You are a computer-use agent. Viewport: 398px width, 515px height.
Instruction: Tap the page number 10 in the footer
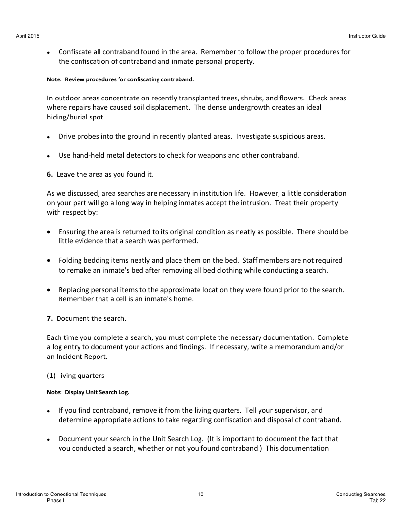click(201, 495)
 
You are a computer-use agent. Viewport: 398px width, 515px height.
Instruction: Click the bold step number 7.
click(49, 318)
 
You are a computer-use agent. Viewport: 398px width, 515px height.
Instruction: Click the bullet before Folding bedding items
click(49, 261)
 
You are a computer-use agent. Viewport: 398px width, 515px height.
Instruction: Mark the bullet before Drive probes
click(49, 137)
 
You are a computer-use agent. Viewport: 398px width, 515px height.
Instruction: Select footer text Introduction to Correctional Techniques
click(61, 495)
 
